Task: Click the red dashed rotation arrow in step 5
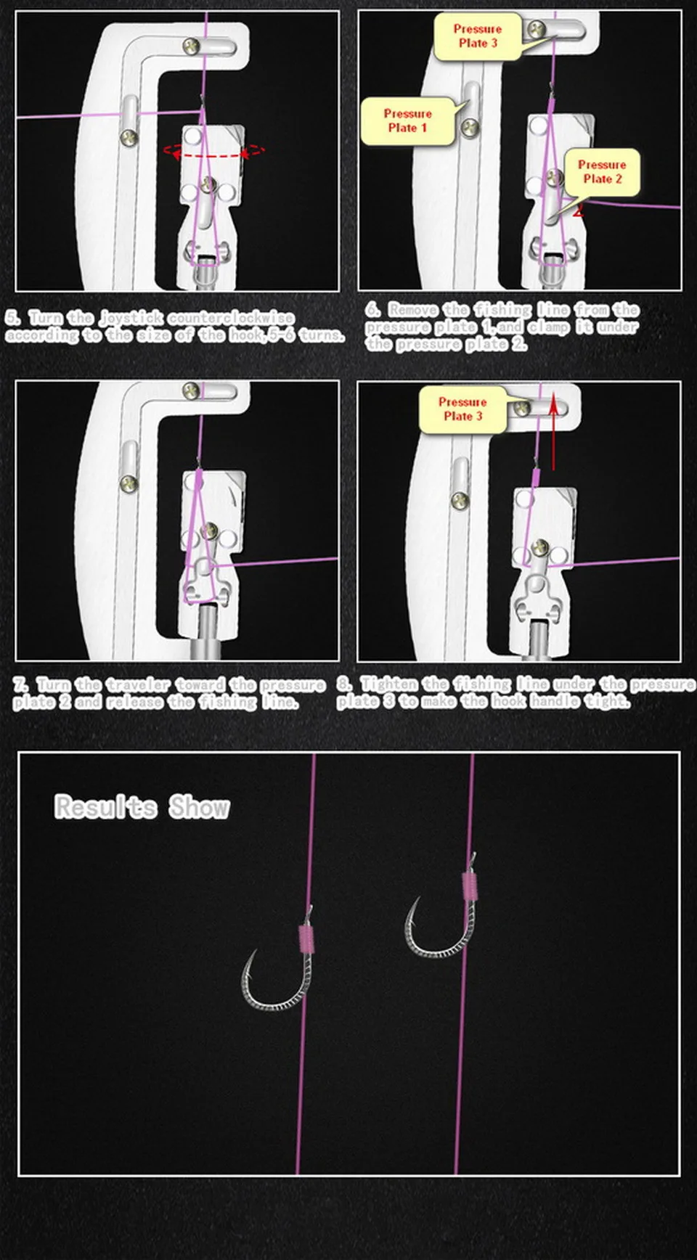click(x=214, y=156)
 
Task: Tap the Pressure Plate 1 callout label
click(x=408, y=120)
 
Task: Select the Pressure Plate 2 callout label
click(x=601, y=172)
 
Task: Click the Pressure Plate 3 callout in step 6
click(x=477, y=36)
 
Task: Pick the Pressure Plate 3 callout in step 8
click(x=462, y=409)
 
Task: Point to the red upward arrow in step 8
click(x=553, y=431)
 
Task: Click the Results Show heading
click(x=142, y=807)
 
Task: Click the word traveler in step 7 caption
click(x=138, y=684)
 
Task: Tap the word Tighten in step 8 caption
click(x=389, y=684)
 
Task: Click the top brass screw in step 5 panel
click(x=192, y=46)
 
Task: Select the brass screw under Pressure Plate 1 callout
click(x=469, y=128)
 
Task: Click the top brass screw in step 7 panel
click(x=191, y=390)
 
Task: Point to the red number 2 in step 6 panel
click(x=578, y=210)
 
